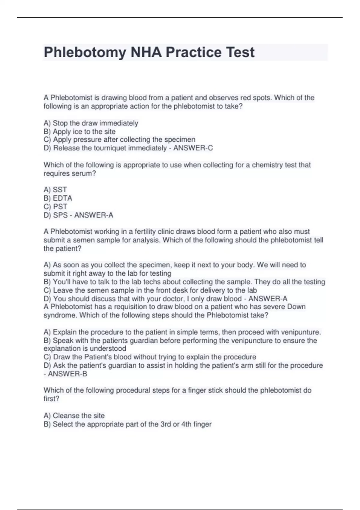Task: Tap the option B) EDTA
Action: [58, 198]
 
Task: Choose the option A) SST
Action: [55, 190]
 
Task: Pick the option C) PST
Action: [55, 207]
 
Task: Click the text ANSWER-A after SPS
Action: [94, 215]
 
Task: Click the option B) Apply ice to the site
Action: [79, 132]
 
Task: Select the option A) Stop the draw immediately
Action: [91, 123]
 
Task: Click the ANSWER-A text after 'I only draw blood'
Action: [268, 299]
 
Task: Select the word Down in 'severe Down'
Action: [296, 307]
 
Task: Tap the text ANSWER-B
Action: [67, 374]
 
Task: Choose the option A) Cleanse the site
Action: [74, 416]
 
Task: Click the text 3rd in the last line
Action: [166, 424]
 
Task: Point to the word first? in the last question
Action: [51, 399]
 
